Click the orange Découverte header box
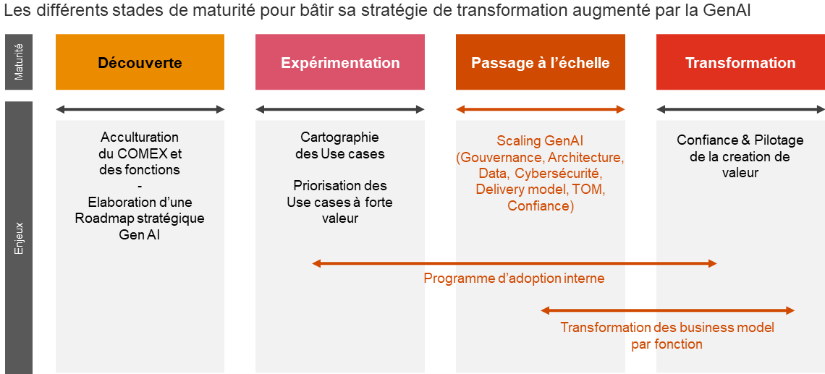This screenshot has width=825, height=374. [x=140, y=62]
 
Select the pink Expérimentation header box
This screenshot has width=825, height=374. [x=340, y=62]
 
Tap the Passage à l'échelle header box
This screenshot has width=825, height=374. [x=541, y=62]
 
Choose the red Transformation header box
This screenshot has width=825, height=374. [x=740, y=62]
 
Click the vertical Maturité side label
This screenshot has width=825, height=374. [x=19, y=62]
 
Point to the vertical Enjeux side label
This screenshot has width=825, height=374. [x=19, y=238]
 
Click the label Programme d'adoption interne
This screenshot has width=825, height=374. [x=514, y=279]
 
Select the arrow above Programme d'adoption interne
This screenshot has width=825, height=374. [x=515, y=263]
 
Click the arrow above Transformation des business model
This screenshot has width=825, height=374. [x=667, y=311]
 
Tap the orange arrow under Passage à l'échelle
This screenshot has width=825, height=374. [x=541, y=109]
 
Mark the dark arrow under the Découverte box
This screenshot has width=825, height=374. [x=140, y=109]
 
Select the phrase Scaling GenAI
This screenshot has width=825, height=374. [x=541, y=141]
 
